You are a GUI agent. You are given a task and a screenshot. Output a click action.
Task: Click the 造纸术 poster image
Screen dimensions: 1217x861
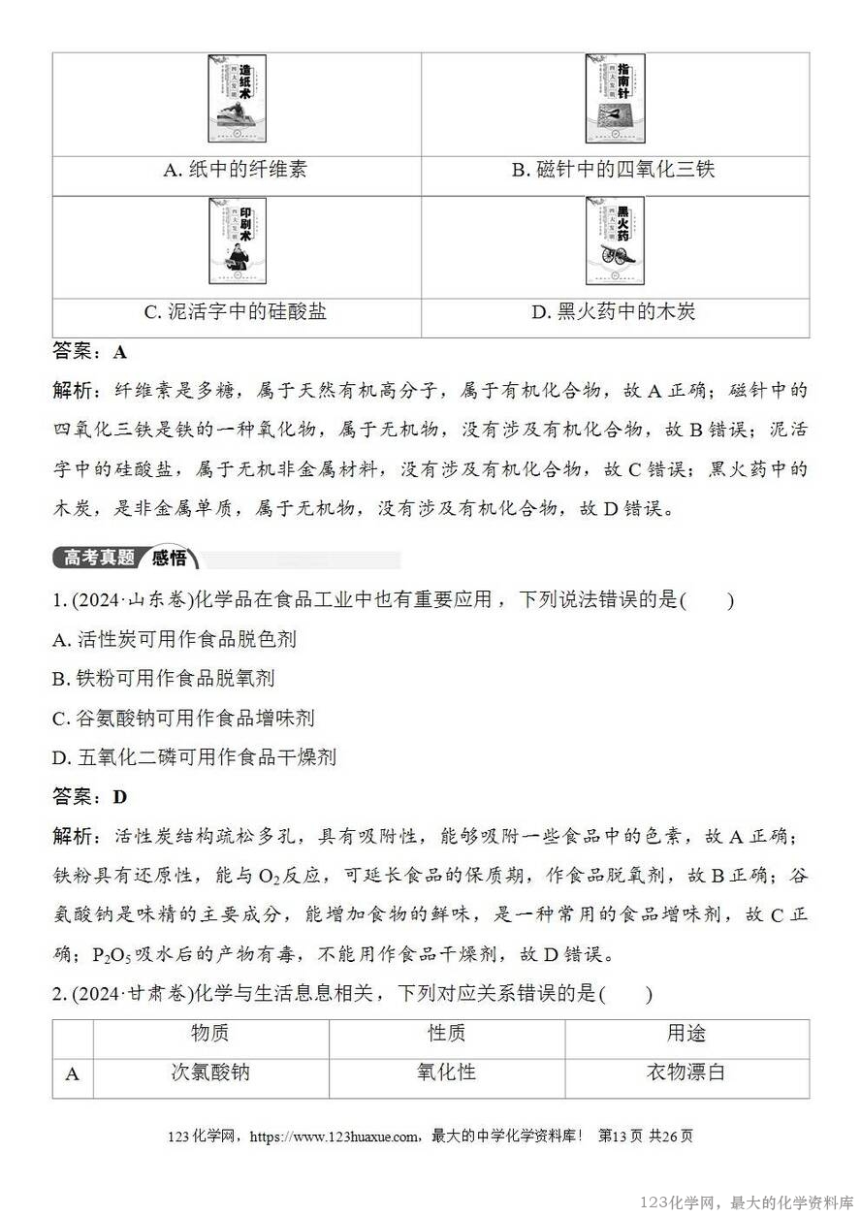[237, 99]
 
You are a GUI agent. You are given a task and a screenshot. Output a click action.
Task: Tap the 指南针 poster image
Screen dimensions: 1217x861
[615, 99]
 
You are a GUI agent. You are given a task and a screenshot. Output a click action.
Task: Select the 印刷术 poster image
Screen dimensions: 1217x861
[237, 241]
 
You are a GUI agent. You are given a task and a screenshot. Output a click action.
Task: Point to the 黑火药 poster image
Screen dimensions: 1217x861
[615, 241]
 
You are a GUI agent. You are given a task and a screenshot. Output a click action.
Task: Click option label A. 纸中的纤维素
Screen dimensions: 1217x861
[236, 170]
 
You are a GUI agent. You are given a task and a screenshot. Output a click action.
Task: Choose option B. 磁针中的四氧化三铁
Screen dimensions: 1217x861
[614, 170]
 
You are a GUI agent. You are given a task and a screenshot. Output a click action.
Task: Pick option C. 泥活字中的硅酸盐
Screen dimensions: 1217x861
[236, 312]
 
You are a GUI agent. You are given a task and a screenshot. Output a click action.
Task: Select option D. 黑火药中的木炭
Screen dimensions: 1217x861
[614, 312]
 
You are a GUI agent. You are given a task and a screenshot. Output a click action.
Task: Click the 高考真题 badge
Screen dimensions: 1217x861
[98, 559]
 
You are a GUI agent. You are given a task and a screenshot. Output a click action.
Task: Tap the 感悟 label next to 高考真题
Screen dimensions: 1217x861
[170, 559]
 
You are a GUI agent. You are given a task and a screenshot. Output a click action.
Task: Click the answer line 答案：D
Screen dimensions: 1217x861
[90, 797]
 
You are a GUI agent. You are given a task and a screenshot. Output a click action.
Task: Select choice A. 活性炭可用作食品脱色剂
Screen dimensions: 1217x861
[175, 639]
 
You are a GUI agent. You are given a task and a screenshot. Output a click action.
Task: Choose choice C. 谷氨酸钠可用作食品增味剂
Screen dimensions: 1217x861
[184, 719]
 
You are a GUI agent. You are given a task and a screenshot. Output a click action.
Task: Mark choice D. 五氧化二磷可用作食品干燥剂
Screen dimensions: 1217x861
[194, 757]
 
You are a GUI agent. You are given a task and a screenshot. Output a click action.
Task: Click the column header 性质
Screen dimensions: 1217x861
[447, 1034]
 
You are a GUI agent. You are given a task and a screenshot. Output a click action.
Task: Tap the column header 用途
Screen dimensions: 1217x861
[686, 1034]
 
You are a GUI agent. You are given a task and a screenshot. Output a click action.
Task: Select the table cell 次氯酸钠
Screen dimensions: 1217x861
[210, 1073]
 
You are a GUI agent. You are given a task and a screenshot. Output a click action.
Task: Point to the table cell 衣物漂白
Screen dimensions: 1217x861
[686, 1073]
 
